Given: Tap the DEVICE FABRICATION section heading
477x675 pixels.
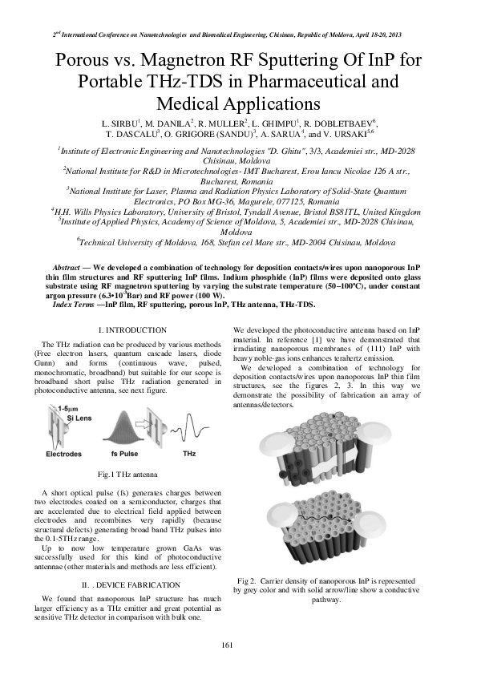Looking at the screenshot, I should click(x=133, y=584).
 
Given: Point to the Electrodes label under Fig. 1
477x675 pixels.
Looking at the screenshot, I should click(x=63, y=454).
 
